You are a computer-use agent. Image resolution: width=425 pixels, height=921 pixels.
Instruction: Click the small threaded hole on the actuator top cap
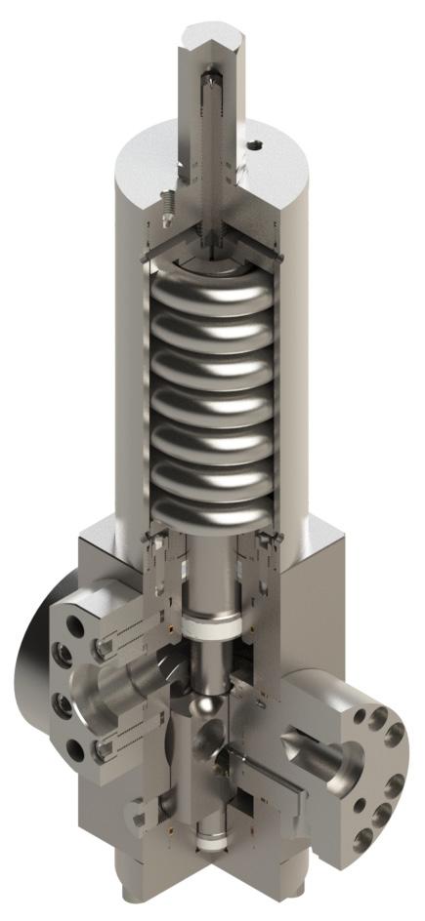257,147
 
